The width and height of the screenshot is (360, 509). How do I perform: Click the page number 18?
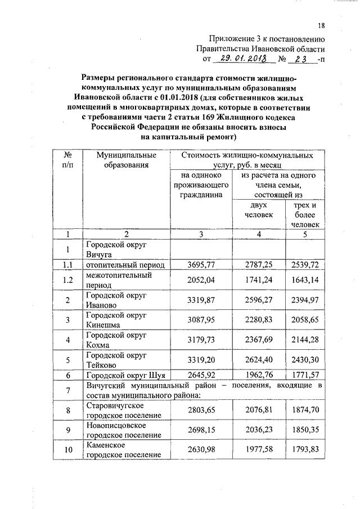click(321, 25)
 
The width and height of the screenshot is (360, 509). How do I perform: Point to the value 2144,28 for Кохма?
click(305, 340)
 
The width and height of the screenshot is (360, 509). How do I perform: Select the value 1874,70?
click(305, 410)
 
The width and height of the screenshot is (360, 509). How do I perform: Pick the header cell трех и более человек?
click(305, 215)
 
